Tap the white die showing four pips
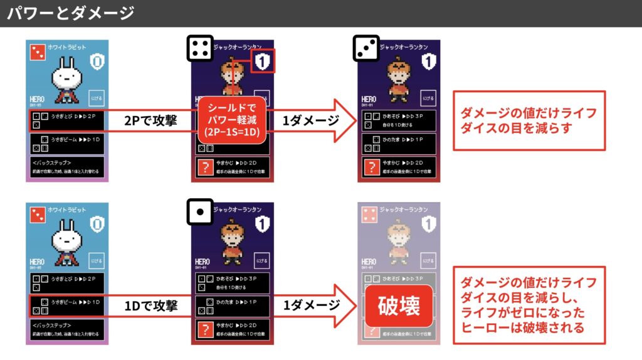click(200, 48)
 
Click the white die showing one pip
click(200, 211)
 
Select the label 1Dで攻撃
click(150, 305)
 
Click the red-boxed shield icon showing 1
click(263, 61)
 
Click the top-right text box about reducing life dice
click(529, 120)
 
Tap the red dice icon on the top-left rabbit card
click(38, 52)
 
